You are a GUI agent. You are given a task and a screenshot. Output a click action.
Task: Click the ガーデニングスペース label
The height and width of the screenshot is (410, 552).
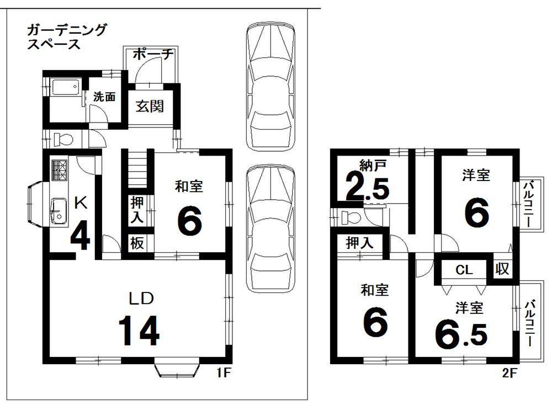pos(66,36)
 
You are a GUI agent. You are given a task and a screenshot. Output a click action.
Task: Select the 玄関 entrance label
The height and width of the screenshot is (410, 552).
pos(150,107)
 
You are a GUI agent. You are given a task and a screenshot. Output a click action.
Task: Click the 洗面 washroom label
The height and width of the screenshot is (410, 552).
pos(104,97)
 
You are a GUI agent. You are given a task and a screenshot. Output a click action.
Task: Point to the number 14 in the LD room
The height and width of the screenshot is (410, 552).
pos(139,330)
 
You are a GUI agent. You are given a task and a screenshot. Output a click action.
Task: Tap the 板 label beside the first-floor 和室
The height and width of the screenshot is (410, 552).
pos(137,243)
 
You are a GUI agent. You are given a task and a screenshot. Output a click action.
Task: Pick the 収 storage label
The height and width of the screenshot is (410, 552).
pos(502,269)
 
